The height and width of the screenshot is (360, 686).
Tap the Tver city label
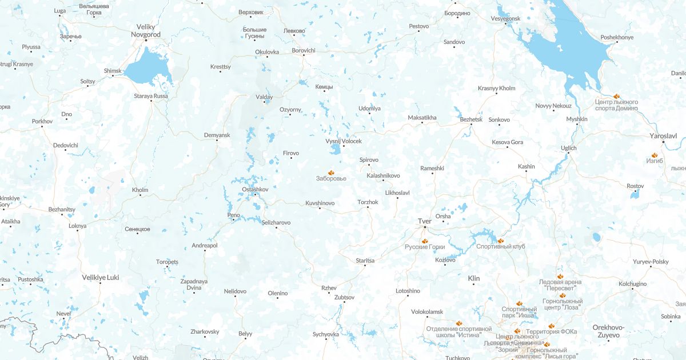[424, 221]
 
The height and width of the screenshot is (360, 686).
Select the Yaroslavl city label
[663, 136]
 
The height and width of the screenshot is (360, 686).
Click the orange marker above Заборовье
[330, 171]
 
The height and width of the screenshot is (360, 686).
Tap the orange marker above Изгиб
[655, 154]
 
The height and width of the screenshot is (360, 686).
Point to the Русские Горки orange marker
[425, 241]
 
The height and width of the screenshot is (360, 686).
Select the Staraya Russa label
[151, 96]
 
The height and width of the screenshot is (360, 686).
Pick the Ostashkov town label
[255, 189]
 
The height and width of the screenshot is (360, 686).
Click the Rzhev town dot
[329, 294]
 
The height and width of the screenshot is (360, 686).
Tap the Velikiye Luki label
[101, 277]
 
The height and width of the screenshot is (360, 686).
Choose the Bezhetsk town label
[471, 119]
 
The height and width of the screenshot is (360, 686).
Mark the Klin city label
[474, 278]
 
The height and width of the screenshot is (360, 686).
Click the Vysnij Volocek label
[344, 141]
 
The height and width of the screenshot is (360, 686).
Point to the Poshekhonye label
[617, 38]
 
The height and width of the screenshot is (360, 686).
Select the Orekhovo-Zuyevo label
[608, 331]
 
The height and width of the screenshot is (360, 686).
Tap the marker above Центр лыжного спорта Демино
[616, 96]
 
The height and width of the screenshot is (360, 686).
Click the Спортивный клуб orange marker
[501, 240]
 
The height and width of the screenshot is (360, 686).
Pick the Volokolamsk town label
[426, 311]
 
